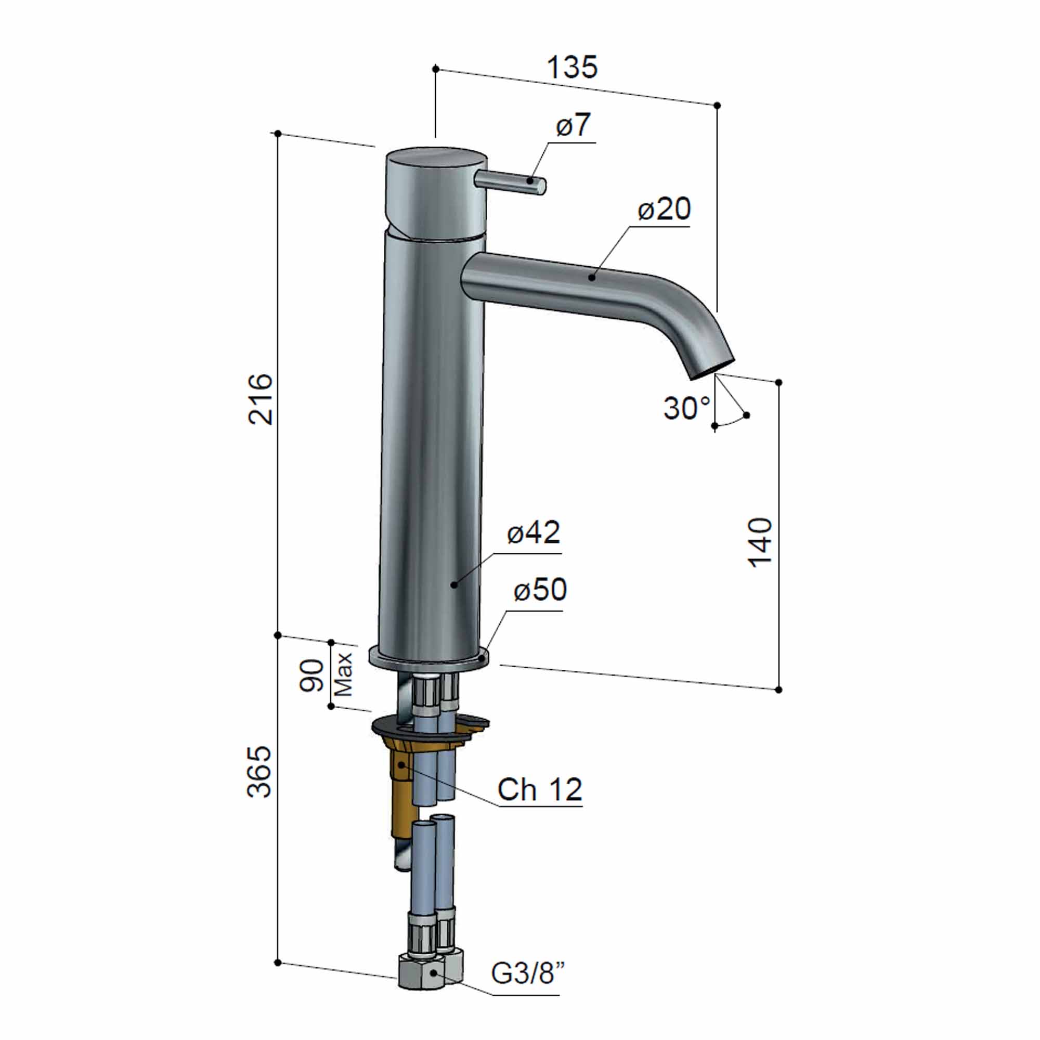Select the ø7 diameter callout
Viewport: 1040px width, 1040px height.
573,125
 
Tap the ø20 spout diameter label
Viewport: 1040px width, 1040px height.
664,209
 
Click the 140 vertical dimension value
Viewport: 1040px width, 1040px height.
760,542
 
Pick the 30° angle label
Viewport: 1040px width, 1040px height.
686,408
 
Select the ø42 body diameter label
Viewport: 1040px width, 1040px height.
534,532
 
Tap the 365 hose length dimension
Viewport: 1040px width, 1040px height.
260,771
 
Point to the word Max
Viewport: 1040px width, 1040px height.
343,674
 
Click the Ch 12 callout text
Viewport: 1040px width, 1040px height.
539,790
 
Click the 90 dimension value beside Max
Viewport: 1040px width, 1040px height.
312,675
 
